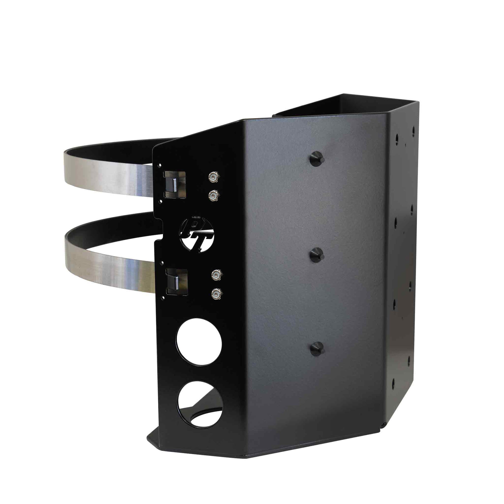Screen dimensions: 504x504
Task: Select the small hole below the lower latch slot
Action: point(163,297)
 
